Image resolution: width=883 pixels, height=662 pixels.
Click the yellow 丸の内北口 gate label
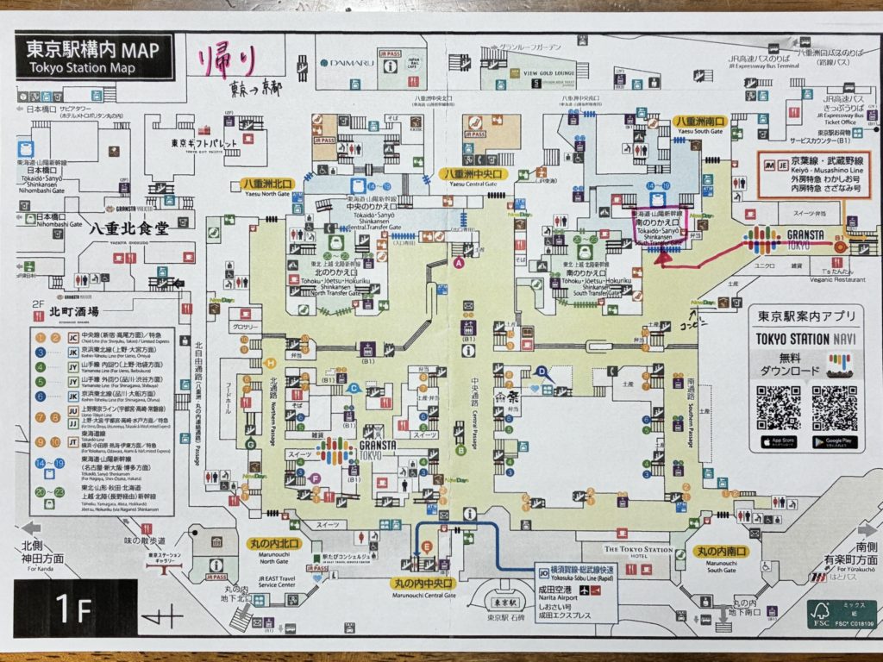click(x=275, y=543)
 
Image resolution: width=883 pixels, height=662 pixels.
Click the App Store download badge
click(x=779, y=442)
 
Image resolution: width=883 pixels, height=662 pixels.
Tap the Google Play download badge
click(x=835, y=442)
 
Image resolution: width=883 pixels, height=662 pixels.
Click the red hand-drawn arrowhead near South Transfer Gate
click(x=664, y=253)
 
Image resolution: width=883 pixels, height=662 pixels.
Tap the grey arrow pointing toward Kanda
click(x=32, y=528)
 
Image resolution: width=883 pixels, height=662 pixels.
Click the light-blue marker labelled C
click(x=353, y=389)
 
